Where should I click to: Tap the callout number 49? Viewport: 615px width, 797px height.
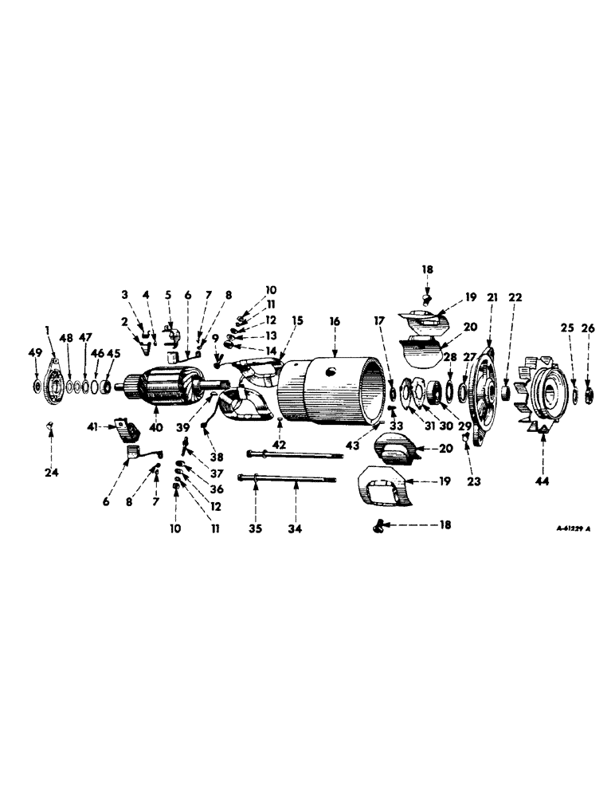tap(35, 353)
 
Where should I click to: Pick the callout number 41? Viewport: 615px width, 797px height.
tap(92, 427)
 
